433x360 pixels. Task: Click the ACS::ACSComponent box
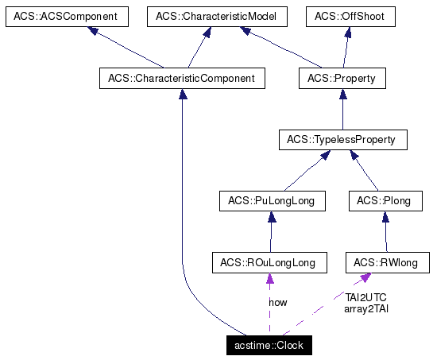click(60, 17)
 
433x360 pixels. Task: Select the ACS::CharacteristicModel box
click(208, 17)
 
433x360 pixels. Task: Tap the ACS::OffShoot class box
click(350, 17)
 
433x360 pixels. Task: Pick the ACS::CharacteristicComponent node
click(182, 79)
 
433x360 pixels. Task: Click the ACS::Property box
click(342, 79)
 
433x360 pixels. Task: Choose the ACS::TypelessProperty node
click(342, 141)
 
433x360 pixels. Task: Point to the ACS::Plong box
click(384, 201)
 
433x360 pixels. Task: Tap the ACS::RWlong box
click(387, 262)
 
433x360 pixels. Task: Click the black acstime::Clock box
click(269, 346)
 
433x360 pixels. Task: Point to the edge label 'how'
click(278, 303)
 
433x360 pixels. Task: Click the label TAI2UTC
click(365, 297)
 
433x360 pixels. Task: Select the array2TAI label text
click(365, 308)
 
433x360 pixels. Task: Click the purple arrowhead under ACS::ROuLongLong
click(269, 277)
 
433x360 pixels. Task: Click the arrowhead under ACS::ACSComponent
click(94, 31)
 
